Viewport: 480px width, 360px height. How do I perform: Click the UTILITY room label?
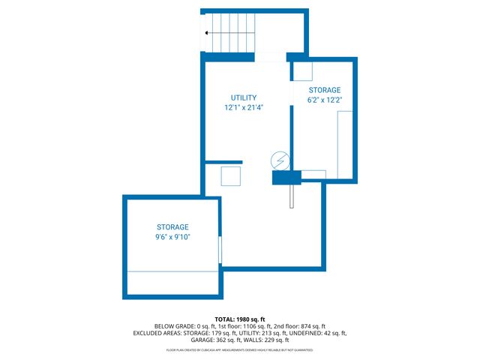pos(244,97)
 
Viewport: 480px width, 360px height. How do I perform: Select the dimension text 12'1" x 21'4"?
pos(244,107)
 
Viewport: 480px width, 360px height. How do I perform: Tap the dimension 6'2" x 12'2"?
pos(324,99)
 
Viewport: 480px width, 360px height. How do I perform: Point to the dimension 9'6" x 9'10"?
pos(172,237)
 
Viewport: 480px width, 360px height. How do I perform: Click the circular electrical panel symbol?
pos(279,160)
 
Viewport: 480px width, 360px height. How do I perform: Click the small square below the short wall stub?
pos(231,176)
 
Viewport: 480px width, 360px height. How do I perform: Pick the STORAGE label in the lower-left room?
pos(172,227)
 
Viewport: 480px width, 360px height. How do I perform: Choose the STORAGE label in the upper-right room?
pos(324,89)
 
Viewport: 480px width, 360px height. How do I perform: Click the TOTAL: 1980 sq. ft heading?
pos(240,318)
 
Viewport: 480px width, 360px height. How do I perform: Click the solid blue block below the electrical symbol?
pos(286,177)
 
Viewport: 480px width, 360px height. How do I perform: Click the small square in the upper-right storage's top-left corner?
pos(302,71)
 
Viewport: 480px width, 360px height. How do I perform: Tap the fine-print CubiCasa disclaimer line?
pos(240,349)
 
